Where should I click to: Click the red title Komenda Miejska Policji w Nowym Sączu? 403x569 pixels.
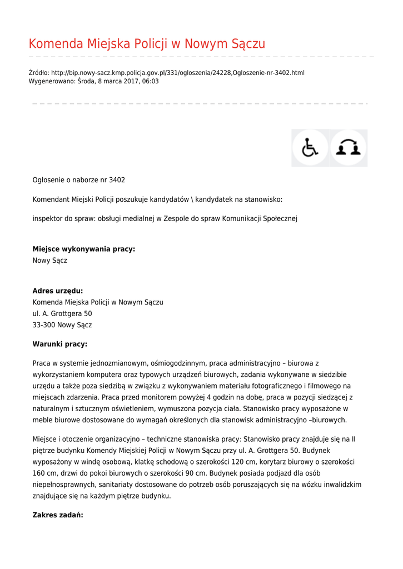(x=147, y=44)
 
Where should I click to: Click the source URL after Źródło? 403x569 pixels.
(x=177, y=73)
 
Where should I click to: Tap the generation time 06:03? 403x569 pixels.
(x=150, y=81)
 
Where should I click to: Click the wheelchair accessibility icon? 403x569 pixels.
(x=310, y=148)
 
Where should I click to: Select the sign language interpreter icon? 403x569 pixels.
(x=349, y=148)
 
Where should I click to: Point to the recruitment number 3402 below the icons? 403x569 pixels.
(x=117, y=180)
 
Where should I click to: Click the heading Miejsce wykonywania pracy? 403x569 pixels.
(x=84, y=249)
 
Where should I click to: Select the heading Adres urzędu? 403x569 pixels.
(x=58, y=291)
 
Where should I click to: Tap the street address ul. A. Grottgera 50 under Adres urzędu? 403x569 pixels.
(x=62, y=314)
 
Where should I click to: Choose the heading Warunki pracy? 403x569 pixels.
(x=60, y=344)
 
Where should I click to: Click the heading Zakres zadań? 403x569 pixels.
(x=58, y=515)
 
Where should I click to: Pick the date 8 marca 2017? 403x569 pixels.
(x=118, y=81)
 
